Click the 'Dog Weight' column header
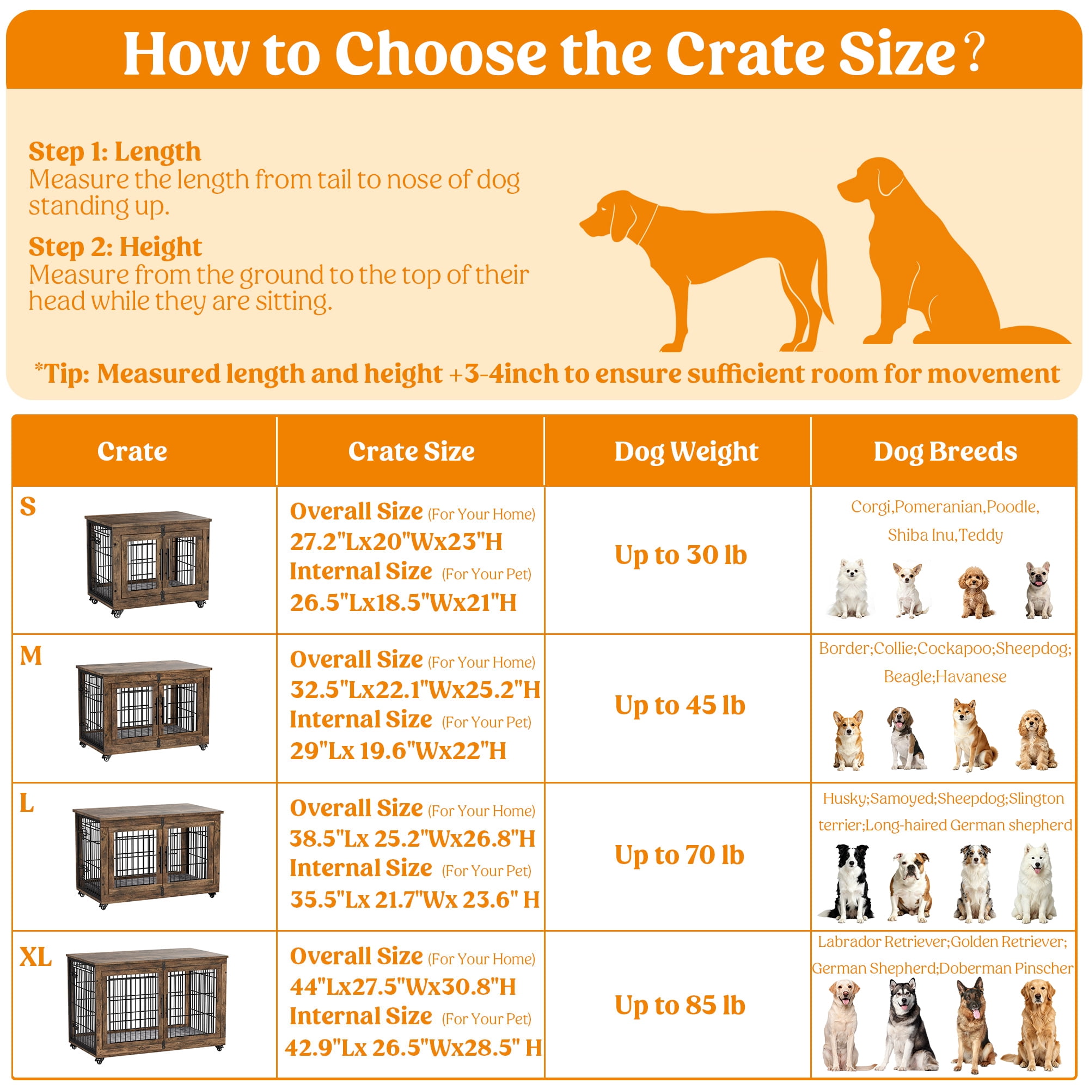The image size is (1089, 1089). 686,451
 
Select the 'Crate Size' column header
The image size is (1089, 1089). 412,451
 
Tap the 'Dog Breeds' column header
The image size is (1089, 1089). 945,451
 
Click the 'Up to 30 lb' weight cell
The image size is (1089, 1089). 680,555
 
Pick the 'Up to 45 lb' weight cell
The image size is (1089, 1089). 680,706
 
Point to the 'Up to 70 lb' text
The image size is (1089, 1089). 679,855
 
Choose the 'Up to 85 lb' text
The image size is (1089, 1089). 680,1006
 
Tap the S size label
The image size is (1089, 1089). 28,506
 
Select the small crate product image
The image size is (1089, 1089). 148,564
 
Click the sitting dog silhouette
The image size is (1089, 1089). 952,251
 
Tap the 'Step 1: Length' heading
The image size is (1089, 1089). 114,151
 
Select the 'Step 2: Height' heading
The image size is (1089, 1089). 115,247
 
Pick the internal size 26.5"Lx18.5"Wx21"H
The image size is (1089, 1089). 403,603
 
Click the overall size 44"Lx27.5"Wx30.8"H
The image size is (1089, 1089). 403,987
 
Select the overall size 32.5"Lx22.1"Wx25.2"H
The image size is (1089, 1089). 415,689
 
